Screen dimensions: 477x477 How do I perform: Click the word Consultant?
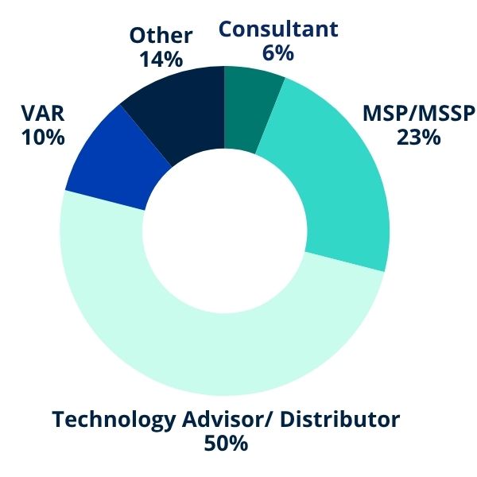tap(278, 29)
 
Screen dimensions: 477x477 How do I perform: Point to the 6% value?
tap(278, 53)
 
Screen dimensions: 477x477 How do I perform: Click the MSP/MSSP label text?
tap(418, 113)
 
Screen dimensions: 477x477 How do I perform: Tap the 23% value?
tap(418, 137)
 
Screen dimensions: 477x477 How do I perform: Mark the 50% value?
tap(226, 444)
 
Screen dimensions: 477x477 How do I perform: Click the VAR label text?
tap(42, 113)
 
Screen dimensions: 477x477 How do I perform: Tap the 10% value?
tap(42, 137)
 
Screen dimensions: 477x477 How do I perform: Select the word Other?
tap(161, 36)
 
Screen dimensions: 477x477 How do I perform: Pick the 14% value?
tap(161, 60)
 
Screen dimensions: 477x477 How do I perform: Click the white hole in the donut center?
tap(225, 231)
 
